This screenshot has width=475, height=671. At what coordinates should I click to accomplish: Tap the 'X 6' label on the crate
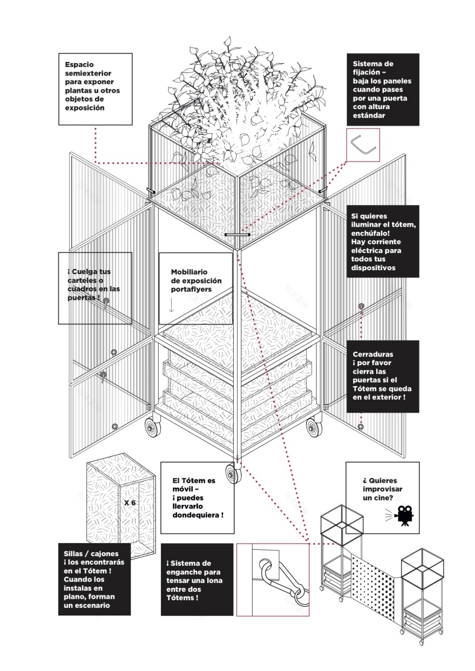(x=130, y=502)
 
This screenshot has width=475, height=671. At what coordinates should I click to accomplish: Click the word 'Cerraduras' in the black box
(x=370, y=354)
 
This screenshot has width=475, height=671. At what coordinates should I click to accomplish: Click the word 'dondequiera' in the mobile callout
(x=196, y=516)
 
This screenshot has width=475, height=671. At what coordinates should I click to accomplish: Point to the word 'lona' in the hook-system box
(x=211, y=580)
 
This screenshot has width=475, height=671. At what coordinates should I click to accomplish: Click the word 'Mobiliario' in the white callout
(x=189, y=272)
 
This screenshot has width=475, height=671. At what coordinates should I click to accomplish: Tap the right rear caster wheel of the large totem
(x=314, y=428)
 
